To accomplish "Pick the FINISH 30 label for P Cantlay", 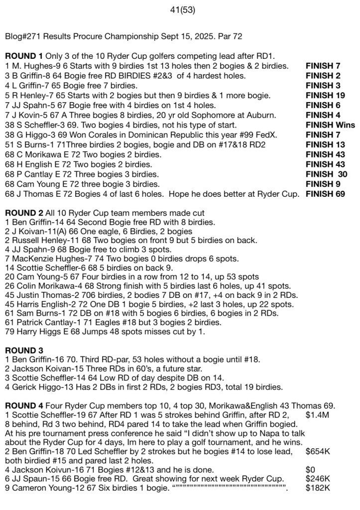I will pos(327,174).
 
